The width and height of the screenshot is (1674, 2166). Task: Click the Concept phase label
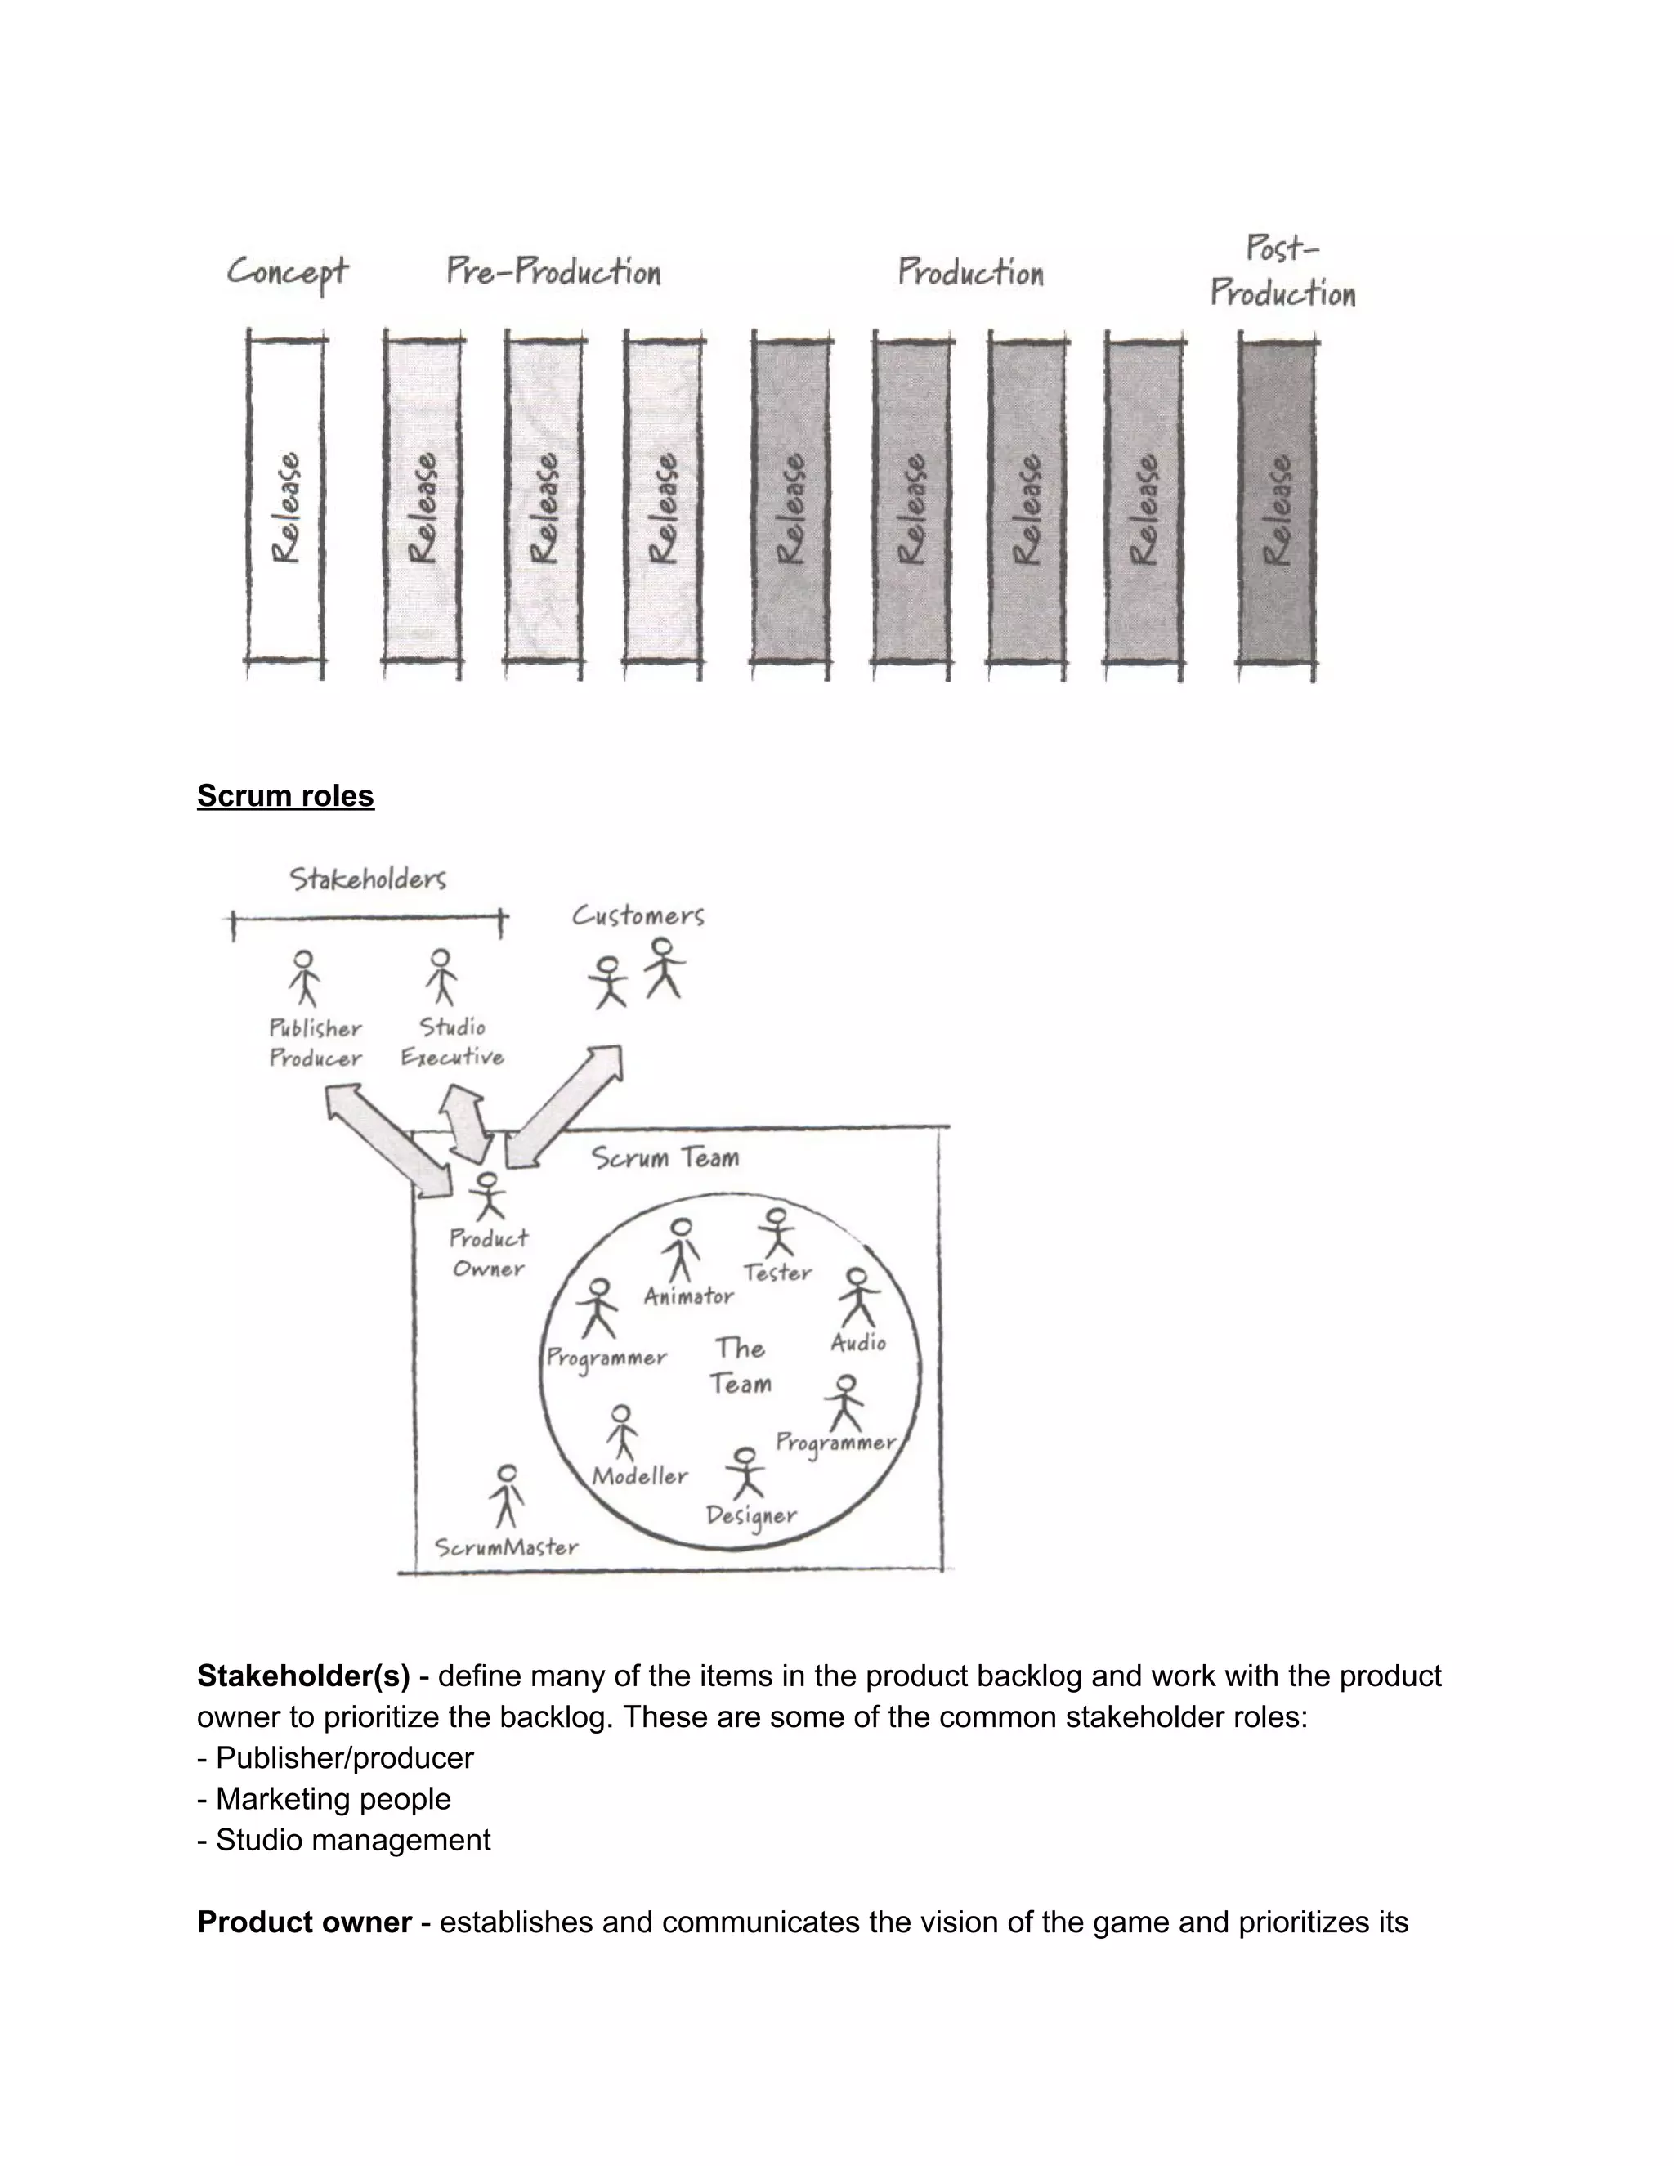pos(288,271)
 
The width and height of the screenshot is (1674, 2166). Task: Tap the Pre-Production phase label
pos(553,271)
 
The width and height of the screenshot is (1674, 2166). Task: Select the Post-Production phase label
pos(1282,271)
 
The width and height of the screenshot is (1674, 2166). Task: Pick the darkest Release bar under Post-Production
pos(1278,506)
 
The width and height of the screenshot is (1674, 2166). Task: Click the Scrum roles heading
pos(285,795)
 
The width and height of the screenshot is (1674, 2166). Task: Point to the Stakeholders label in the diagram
pos(368,879)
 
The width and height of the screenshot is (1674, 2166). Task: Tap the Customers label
pos(638,915)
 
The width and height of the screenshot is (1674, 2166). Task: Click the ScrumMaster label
pos(507,1546)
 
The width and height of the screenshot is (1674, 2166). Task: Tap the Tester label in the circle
pos(778,1273)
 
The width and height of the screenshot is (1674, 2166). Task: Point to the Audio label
pos(857,1343)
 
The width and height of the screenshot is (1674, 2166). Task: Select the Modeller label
pos(640,1475)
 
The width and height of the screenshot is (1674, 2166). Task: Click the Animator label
pos(689,1296)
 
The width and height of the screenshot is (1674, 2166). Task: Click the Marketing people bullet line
pos(325,1798)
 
